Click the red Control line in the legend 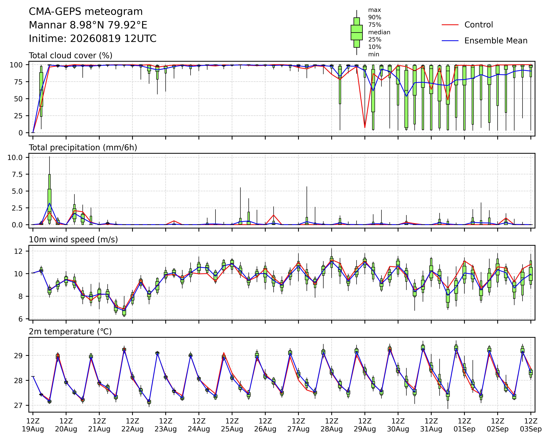coord(450,25)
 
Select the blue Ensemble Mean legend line coord(450,41)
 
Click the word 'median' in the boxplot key coord(379,32)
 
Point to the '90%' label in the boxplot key coord(375,17)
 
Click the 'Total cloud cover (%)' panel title coord(71,55)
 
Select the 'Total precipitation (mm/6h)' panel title coord(83,148)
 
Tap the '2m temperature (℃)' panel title coord(70,332)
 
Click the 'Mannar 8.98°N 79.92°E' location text coord(88,25)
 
